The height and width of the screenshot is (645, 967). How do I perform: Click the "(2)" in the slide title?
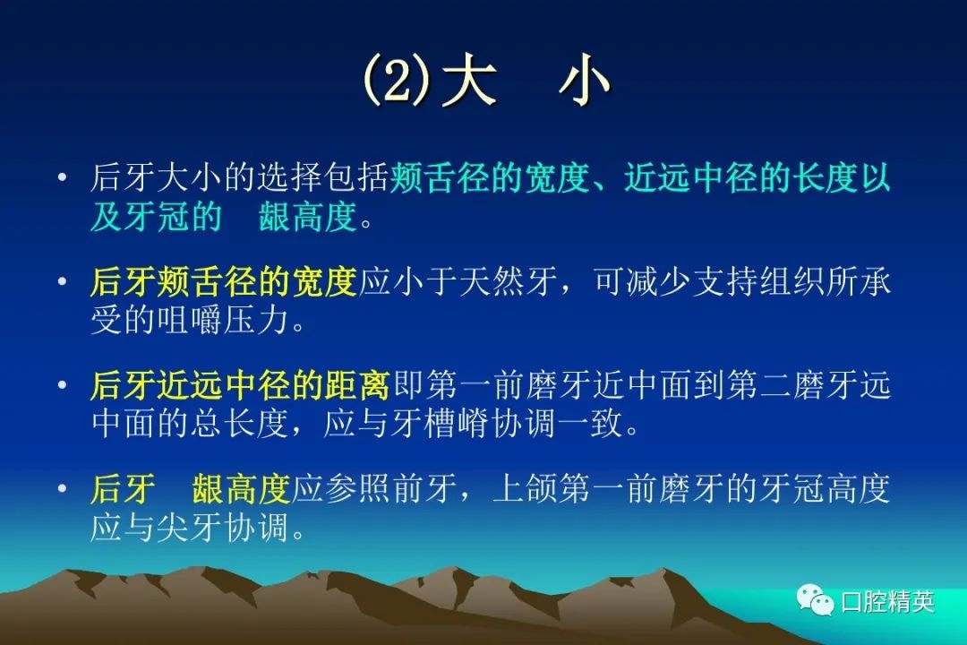coord(398,81)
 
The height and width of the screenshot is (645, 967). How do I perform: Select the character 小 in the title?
coord(584,81)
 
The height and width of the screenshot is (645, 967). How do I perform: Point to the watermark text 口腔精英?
coord(887,601)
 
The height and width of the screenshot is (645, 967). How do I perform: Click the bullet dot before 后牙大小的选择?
coord(61,177)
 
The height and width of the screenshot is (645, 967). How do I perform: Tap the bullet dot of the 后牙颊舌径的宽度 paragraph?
coord(61,281)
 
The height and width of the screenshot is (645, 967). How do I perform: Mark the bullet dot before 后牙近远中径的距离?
coord(61,385)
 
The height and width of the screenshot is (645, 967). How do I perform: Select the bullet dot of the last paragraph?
coord(61,489)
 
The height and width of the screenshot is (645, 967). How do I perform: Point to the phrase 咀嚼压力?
coord(223,320)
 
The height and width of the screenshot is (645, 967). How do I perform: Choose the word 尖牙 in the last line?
coord(189,527)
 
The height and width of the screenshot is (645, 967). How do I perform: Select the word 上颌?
coord(525,489)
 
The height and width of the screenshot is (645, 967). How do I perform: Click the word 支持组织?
coord(759,281)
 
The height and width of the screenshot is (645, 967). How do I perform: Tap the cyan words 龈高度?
coord(308,216)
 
